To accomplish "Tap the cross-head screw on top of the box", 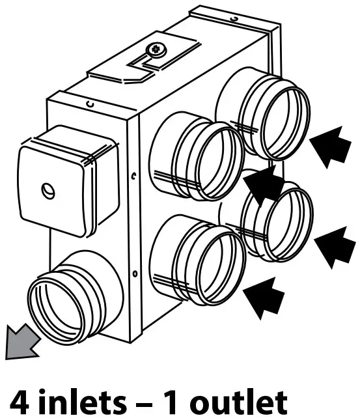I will [156, 49].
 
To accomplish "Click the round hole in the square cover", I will [48, 191].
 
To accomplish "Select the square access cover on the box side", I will [53, 189].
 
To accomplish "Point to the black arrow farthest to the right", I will [335, 244].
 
